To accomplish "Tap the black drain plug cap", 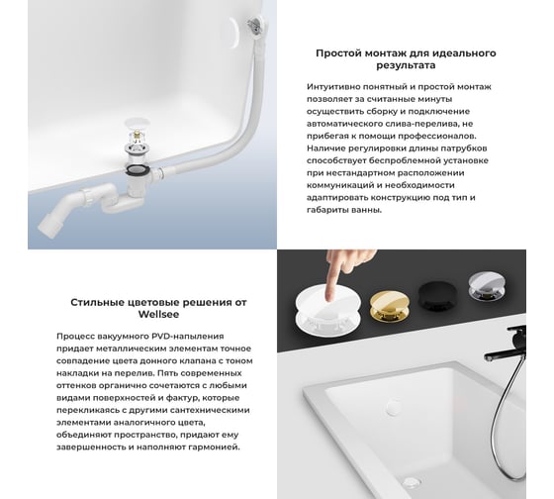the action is tap(437, 293).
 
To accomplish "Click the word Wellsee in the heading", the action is tap(158, 314).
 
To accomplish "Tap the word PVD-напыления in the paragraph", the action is tap(188, 336).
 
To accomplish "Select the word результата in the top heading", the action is tap(406, 65).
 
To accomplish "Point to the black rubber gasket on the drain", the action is tap(137, 168).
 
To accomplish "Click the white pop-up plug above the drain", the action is tap(136, 125).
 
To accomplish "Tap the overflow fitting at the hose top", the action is tap(255, 25).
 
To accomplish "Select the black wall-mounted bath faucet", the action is tap(506, 345).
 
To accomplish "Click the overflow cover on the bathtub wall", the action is tap(393, 406).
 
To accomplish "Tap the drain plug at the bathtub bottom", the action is tap(412, 481).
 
